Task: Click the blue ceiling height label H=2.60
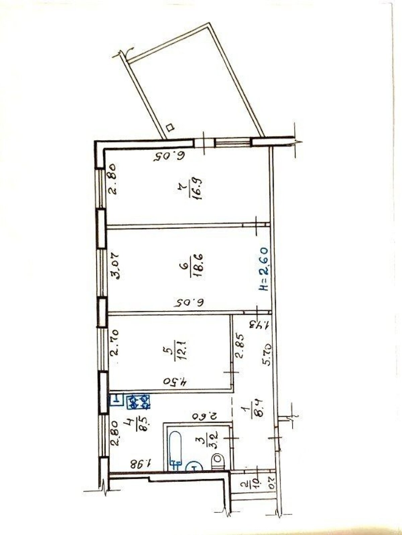264,270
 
